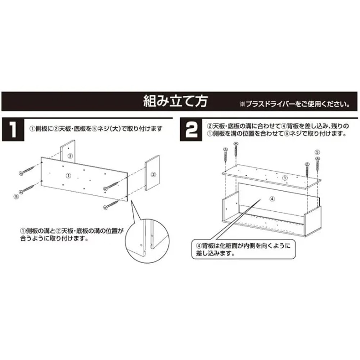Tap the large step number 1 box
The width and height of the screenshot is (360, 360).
(13, 130)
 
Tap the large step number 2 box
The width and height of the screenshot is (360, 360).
(191, 130)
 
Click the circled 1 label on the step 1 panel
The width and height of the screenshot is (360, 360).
(68, 175)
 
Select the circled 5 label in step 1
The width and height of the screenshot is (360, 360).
(16, 197)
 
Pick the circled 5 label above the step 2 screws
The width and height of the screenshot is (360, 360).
(317, 152)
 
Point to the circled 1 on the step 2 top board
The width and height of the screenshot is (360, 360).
(284, 177)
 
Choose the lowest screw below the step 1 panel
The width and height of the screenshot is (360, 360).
(111, 204)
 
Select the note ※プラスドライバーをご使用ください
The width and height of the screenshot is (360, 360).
(295, 105)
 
